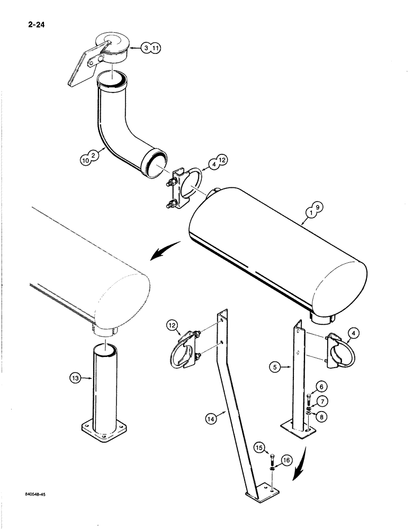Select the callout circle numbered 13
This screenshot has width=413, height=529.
coord(76,378)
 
